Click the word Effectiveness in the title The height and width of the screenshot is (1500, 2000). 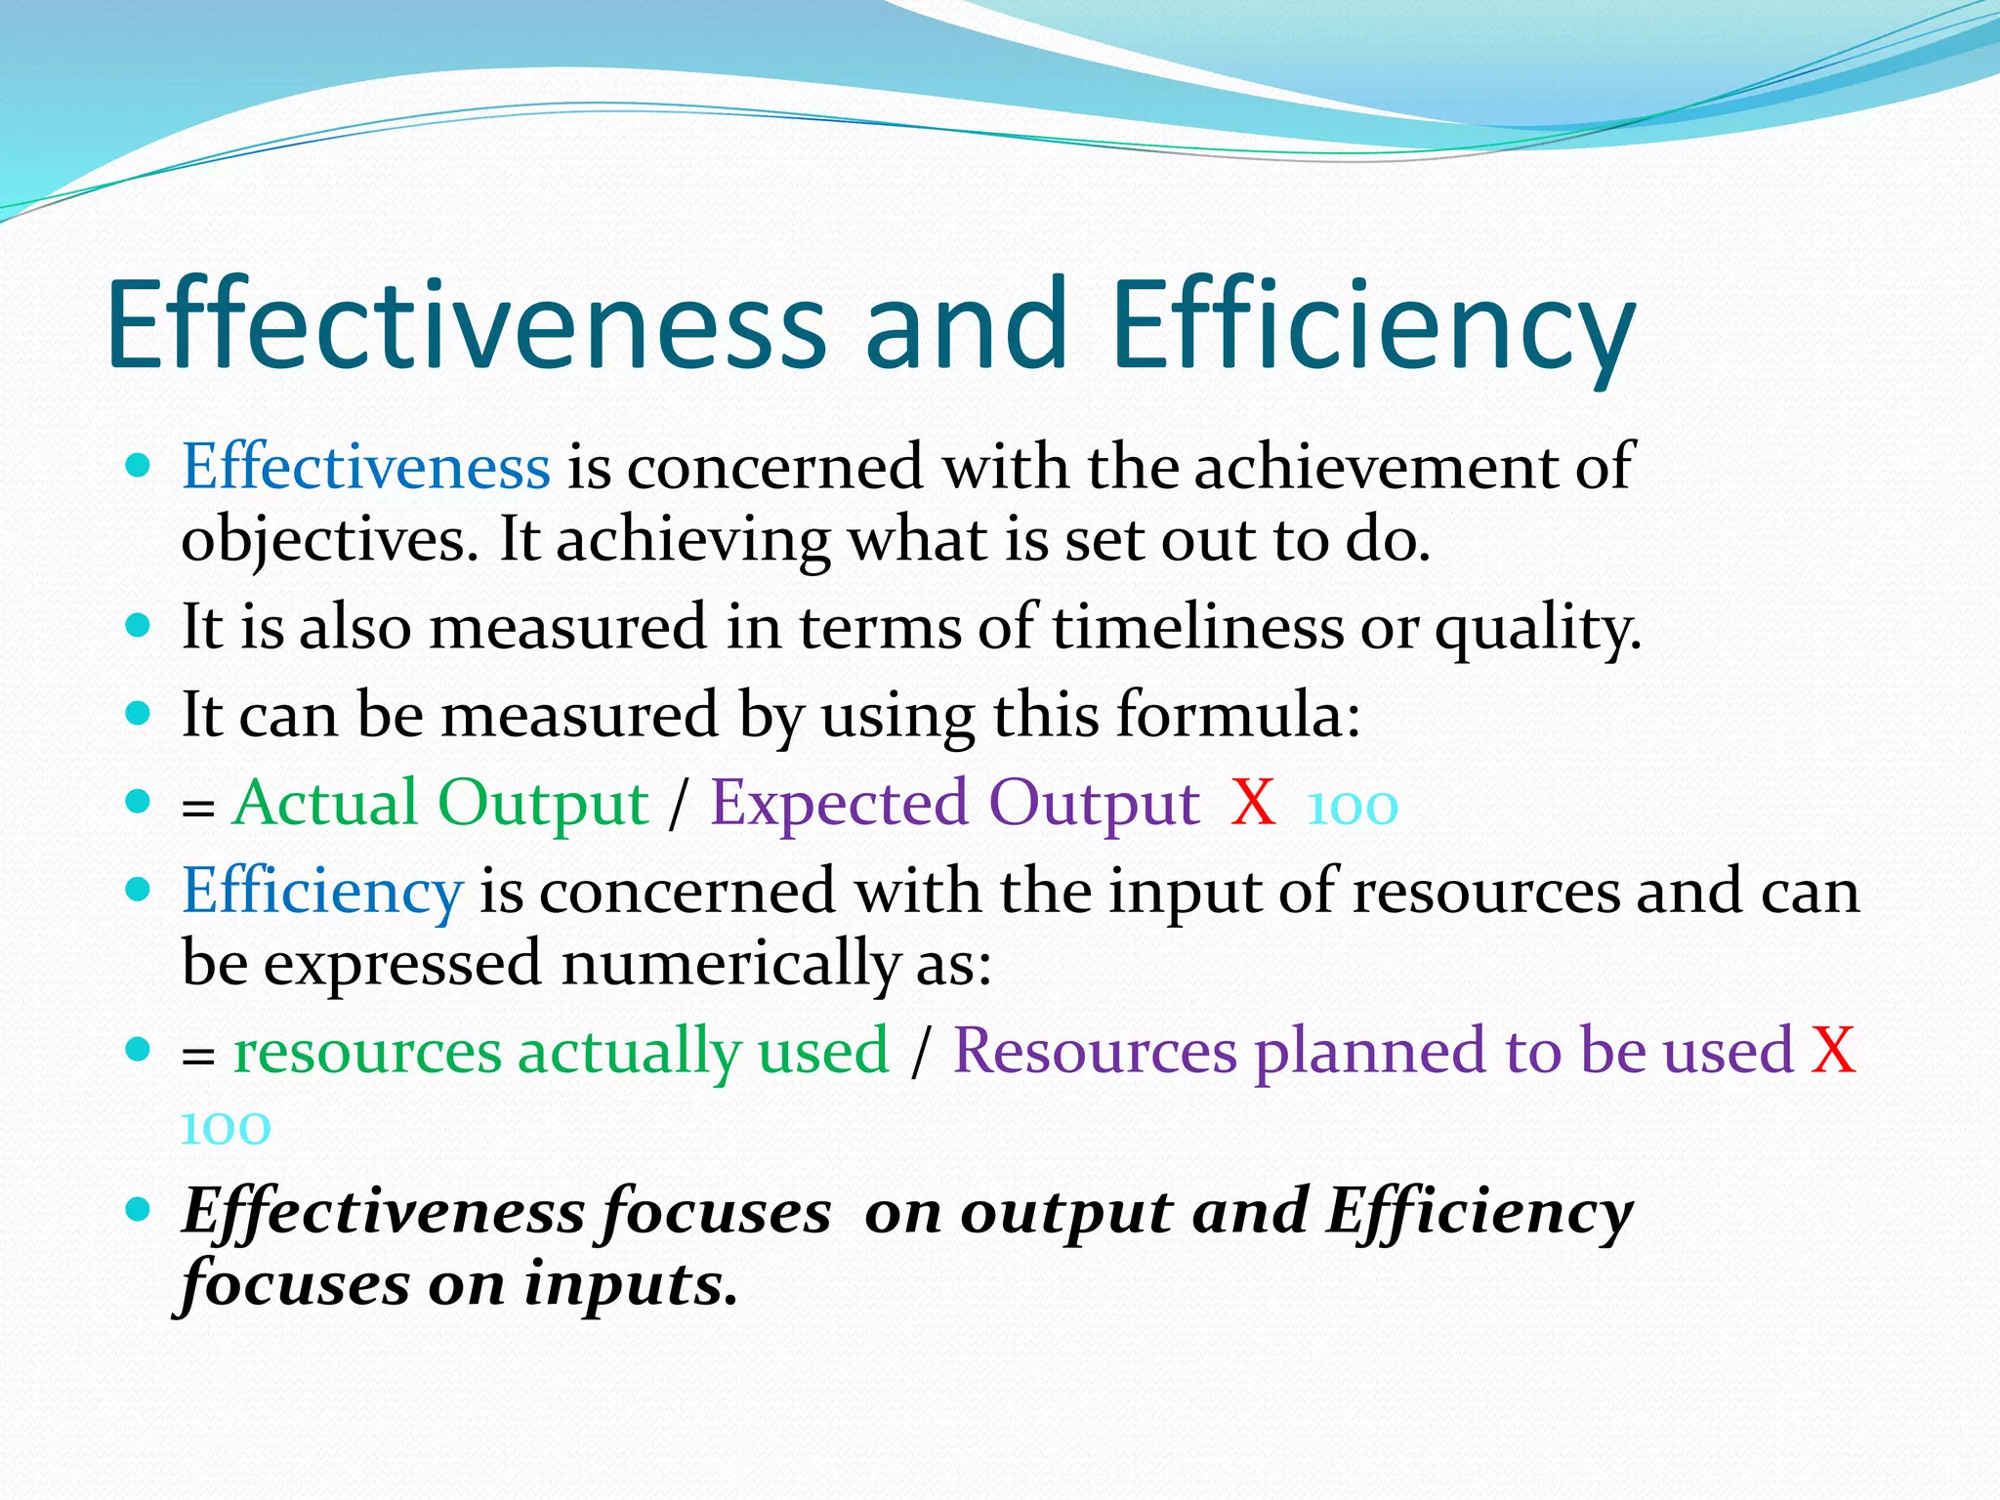[467, 324]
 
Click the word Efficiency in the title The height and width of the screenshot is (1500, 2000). [1372, 324]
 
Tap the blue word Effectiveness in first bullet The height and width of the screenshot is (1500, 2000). [366, 467]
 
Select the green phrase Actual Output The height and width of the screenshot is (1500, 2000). [440, 804]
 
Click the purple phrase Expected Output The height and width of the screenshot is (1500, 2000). [954, 804]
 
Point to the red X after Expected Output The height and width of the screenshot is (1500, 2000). [1253, 804]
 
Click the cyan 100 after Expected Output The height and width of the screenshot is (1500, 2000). [1353, 808]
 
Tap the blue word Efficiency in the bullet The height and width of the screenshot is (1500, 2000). [322, 891]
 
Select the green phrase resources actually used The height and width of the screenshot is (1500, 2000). [562, 1052]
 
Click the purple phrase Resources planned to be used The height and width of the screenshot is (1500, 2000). [1372, 1052]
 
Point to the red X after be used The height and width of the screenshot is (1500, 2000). [1832, 1052]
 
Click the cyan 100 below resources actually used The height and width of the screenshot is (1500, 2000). [226, 1128]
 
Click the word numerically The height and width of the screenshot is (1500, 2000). [730, 964]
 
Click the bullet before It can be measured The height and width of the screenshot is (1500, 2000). [139, 713]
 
